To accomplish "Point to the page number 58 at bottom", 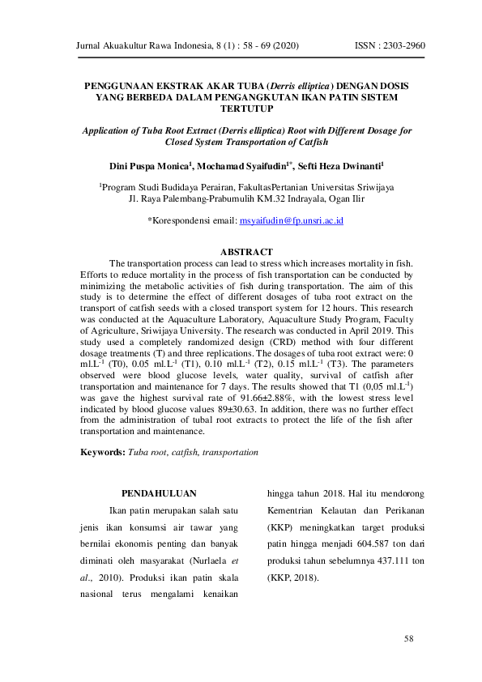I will tap(409, 639).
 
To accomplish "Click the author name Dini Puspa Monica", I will tap(150, 166).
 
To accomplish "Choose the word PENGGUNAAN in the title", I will tap(122, 85).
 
